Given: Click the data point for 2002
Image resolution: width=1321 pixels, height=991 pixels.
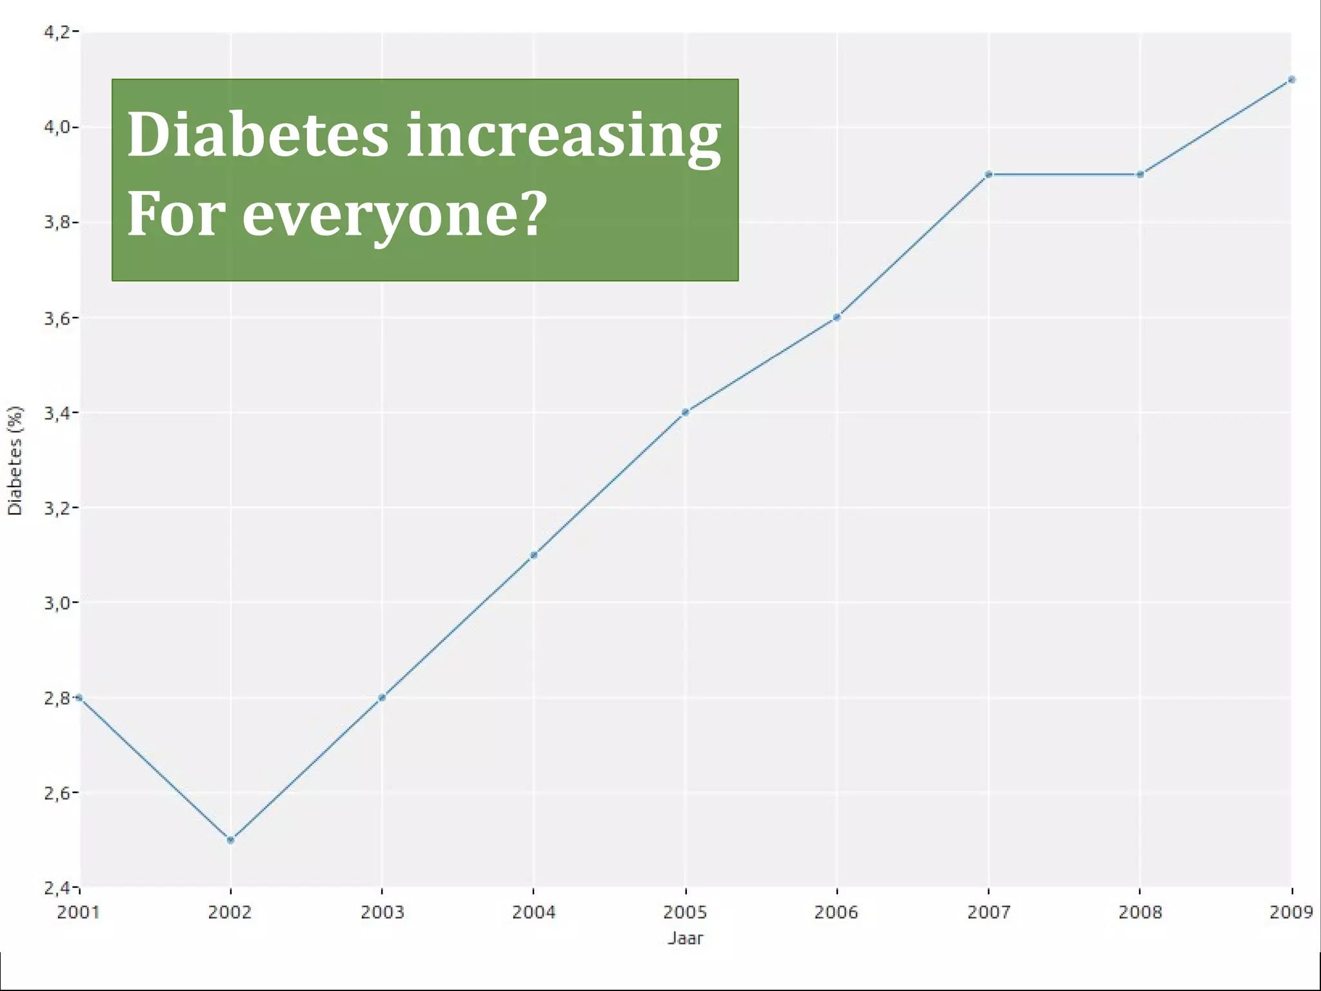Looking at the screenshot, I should pyautogui.click(x=231, y=840).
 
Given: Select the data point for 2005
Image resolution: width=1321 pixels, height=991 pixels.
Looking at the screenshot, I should pyautogui.click(x=685, y=412).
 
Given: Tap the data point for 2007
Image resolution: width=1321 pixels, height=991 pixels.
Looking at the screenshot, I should pyautogui.click(x=989, y=174).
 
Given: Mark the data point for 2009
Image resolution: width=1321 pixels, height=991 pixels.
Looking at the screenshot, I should pyautogui.click(x=1291, y=80).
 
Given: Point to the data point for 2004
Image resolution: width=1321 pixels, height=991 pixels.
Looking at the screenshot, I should pyautogui.click(x=533, y=555).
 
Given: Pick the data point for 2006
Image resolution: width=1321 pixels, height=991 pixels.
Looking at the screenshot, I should pyautogui.click(x=837, y=317).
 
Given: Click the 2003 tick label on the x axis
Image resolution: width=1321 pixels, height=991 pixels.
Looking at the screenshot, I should pyautogui.click(x=382, y=912).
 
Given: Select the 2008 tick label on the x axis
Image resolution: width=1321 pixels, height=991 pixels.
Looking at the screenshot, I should pyautogui.click(x=1140, y=912).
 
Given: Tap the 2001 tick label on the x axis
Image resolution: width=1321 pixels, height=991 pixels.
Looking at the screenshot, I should pyautogui.click(x=78, y=912).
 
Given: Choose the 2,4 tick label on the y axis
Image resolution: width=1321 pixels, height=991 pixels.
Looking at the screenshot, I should pyautogui.click(x=57, y=888).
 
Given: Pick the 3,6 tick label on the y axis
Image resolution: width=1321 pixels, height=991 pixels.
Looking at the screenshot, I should pyautogui.click(x=57, y=318).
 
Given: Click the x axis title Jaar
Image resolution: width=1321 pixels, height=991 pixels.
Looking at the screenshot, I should pyautogui.click(x=685, y=938).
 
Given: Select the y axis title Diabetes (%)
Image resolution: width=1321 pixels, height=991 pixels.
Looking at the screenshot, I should pyautogui.click(x=15, y=460).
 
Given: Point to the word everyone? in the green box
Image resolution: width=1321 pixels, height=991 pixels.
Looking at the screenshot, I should pyautogui.click(x=395, y=215).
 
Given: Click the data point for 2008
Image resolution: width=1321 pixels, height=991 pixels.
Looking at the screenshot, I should pyautogui.click(x=1140, y=174).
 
